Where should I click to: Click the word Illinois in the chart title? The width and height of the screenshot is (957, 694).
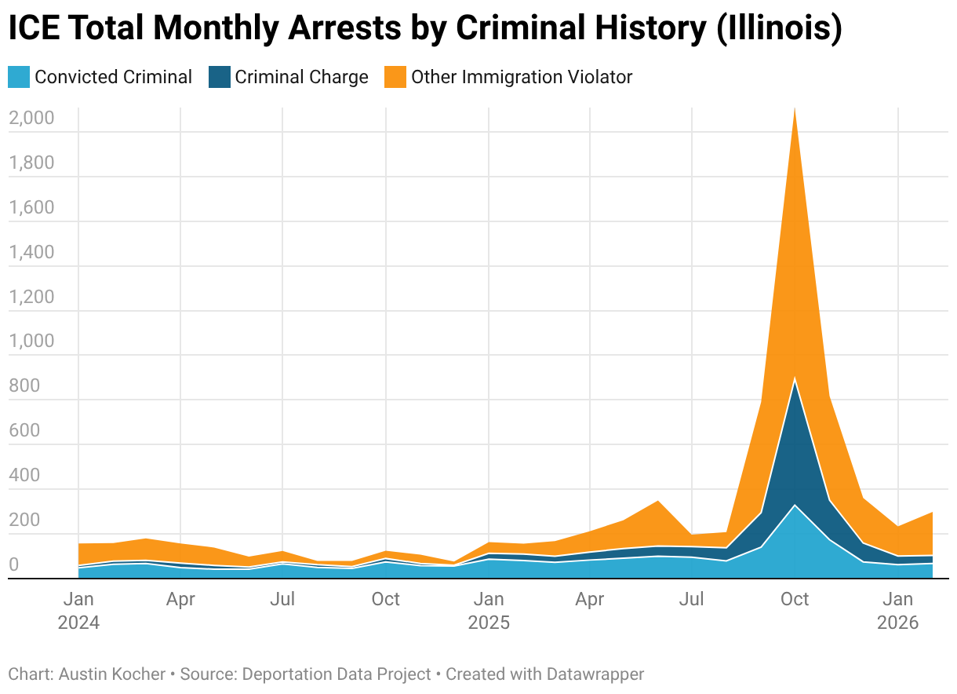[779, 27]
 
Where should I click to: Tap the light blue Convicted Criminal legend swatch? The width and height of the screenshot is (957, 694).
[19, 77]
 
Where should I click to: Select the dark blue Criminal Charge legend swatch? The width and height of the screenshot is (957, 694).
[220, 77]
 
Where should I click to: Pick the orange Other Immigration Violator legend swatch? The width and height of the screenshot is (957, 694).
[395, 77]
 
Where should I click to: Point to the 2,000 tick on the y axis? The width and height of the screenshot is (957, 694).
[31, 118]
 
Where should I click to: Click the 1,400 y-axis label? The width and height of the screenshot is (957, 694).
[31, 252]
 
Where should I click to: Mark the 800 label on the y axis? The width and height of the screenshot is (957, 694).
[24, 385]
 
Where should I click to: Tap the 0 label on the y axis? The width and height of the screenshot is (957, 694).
[13, 564]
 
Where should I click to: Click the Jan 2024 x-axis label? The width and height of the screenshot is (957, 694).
[78, 611]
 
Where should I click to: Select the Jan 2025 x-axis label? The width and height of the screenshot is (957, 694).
[489, 611]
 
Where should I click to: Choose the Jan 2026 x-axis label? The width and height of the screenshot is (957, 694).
[898, 611]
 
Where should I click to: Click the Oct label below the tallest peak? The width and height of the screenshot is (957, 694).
[795, 599]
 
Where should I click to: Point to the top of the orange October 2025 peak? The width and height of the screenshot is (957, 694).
[795, 108]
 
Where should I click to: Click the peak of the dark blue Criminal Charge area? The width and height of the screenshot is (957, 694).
[795, 379]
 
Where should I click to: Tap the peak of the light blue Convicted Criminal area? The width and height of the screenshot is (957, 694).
[795, 506]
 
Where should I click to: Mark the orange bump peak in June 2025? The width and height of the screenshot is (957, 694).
[658, 501]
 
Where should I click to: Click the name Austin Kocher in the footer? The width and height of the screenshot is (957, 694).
[112, 674]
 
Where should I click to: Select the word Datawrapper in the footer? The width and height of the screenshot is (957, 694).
[595, 674]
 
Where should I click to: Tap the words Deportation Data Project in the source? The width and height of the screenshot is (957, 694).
[337, 674]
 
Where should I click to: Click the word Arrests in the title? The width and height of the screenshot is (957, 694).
[345, 27]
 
